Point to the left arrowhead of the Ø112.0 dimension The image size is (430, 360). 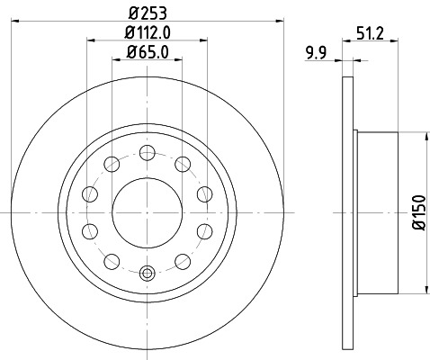point(89,40)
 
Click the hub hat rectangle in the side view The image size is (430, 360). point(375,213)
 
